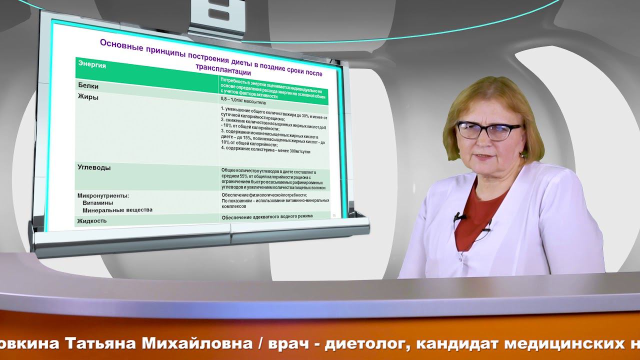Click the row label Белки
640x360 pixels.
(x=88, y=85)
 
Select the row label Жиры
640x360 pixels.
(x=88, y=97)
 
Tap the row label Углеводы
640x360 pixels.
(x=94, y=167)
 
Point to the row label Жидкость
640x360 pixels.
(x=91, y=220)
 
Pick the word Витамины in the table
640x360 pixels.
(x=97, y=203)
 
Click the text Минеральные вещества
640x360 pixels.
(x=117, y=210)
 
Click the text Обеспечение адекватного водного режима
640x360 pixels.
(x=267, y=216)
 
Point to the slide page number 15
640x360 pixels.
(x=334, y=214)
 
